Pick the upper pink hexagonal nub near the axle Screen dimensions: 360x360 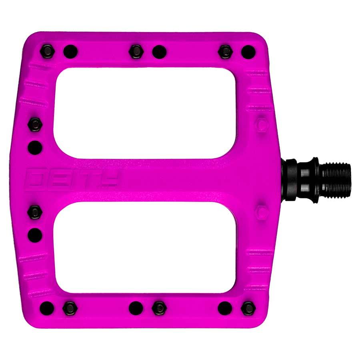262,125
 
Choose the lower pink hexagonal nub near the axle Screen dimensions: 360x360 262,211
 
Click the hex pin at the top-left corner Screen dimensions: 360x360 47,51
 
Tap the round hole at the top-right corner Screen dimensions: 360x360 248,51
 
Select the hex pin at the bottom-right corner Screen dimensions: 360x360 248,308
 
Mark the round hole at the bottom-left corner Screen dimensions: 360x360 47,308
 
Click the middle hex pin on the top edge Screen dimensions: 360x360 136,51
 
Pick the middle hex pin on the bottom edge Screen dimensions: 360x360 159,308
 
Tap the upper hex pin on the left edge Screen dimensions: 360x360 35,124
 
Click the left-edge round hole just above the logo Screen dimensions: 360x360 35,147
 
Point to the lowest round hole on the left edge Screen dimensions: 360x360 35,234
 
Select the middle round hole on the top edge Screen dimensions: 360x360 159,51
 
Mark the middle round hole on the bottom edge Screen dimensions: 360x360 136,308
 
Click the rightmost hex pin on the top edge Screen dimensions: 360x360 226,51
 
